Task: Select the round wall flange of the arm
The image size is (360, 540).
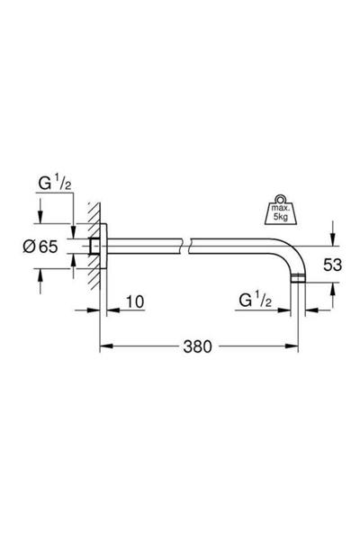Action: click(102, 246)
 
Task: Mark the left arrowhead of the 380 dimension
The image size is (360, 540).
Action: click(102, 345)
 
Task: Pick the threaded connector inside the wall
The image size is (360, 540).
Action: click(93, 246)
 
